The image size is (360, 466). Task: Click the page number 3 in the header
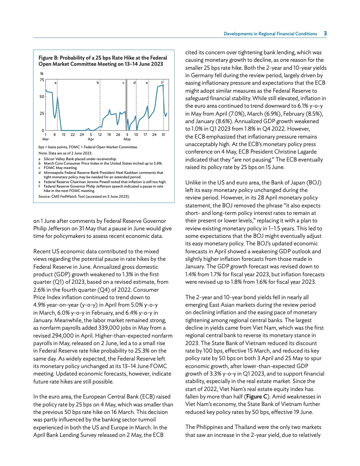tap(325, 33)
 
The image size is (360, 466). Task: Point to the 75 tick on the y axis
tap(41, 80)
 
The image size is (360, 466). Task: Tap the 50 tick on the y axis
tap(41, 97)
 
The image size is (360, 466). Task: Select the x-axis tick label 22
tap(73, 134)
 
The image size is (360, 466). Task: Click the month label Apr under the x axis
tap(91, 139)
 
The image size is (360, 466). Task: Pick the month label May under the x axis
tap(127, 139)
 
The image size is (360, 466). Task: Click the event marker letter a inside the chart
tap(55, 83)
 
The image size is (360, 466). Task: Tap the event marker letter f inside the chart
tap(162, 83)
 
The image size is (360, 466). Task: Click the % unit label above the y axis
tap(41, 74)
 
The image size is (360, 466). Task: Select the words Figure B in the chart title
tap(49, 57)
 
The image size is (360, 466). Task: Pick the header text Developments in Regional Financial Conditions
tap(270, 34)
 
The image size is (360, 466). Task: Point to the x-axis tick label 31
tap(163, 134)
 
